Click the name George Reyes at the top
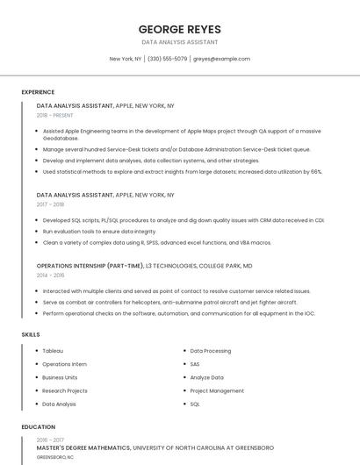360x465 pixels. pos(179,29)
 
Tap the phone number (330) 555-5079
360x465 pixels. pos(167,59)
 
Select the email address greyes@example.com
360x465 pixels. pos(221,59)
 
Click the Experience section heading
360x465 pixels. pos(38,92)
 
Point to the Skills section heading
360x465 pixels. pos(30,334)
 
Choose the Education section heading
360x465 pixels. pos(38,427)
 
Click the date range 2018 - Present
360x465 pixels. pos(56,115)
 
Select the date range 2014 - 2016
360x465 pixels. pos(50,275)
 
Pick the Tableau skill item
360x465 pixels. pos(53,351)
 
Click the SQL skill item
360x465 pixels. pos(195,404)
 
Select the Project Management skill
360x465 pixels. pos(217,391)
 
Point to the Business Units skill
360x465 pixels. pos(60,377)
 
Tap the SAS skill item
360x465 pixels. pos(195,364)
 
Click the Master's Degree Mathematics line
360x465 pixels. pos(154,447)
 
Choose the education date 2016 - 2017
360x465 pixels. pos(50,440)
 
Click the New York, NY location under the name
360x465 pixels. pos(125,59)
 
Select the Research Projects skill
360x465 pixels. pos(65,391)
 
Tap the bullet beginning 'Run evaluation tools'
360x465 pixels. pos(87,232)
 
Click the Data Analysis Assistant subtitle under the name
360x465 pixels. pos(179,42)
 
